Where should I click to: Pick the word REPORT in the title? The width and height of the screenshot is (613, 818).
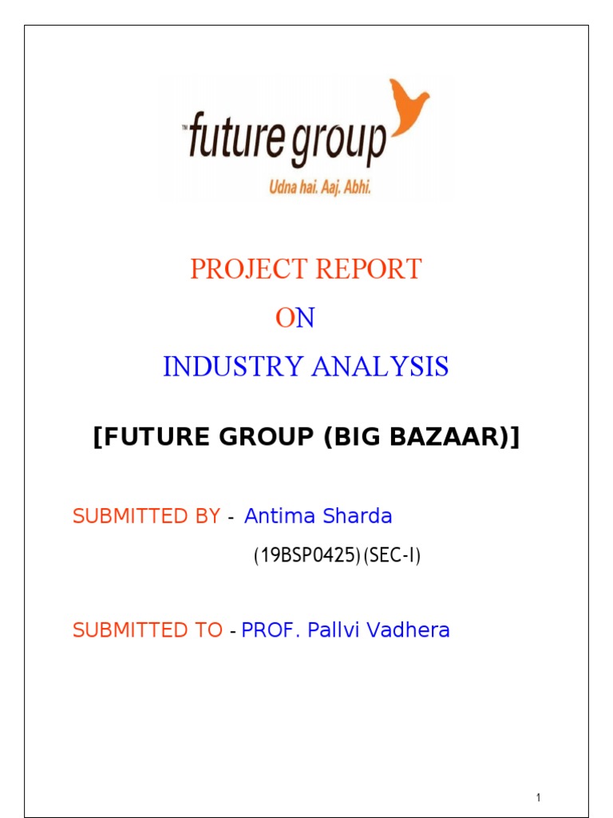click(369, 270)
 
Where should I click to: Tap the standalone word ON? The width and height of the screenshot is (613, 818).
click(295, 319)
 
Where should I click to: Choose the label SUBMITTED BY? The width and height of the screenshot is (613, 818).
click(146, 517)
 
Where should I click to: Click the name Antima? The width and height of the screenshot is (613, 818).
click(278, 517)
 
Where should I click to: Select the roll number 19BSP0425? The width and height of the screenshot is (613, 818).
click(306, 557)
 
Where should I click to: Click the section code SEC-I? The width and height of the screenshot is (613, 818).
click(392, 557)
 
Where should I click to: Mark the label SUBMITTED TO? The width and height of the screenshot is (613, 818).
click(148, 630)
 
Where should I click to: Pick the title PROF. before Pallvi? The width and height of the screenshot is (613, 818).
click(271, 630)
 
